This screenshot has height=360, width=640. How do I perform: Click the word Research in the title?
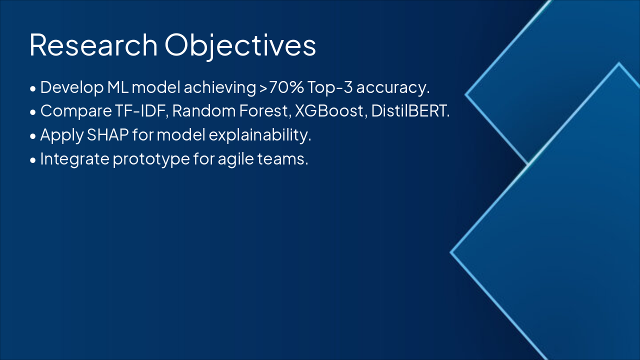click(93, 45)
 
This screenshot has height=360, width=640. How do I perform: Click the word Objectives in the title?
click(240, 46)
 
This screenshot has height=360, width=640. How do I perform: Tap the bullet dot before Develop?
click(33, 88)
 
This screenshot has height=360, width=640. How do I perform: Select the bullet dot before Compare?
click(33, 112)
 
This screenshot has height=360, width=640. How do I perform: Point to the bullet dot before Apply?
click(33, 136)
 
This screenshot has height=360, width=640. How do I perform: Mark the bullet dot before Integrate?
click(33, 160)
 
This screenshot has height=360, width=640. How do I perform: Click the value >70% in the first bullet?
click(281, 87)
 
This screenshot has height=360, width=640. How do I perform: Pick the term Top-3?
click(330, 87)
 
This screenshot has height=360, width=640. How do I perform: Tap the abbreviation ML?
click(117, 87)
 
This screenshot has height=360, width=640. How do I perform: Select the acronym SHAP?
click(107, 134)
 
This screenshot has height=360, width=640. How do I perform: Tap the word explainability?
click(259, 135)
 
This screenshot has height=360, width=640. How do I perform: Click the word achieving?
click(220, 88)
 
